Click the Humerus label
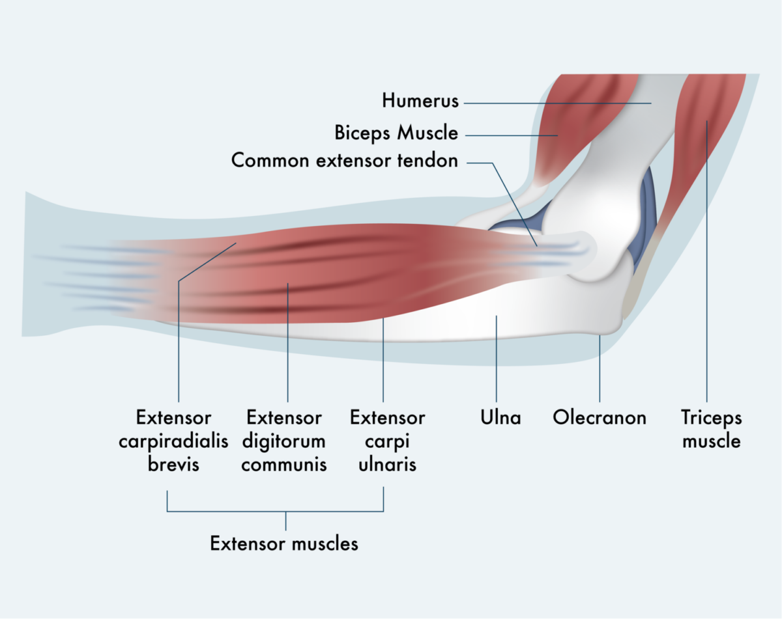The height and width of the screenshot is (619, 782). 420,101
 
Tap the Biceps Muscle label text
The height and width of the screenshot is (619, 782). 396,133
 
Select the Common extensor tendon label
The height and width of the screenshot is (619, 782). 345,160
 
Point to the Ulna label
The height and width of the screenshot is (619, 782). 500,417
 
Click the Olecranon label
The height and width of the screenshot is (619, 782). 600,417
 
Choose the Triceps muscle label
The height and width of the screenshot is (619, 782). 711,429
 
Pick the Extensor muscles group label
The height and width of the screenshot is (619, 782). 284,543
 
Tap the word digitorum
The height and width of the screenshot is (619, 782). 284,441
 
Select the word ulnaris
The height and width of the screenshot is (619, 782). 387,465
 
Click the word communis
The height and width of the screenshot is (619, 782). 284,465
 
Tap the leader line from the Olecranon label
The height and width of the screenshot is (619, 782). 600,371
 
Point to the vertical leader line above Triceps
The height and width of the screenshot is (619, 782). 706,260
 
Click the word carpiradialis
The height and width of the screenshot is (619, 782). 173,441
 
